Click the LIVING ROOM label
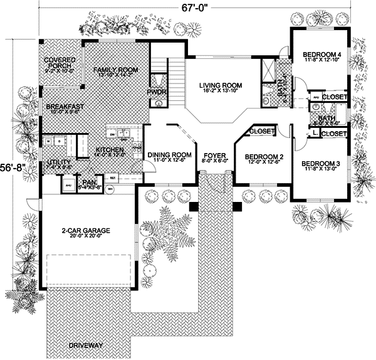point(221,85)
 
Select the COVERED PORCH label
point(60,63)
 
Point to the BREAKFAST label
point(65,107)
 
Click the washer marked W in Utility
point(48,141)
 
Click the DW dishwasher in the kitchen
point(112,134)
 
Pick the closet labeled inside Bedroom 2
point(261,131)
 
